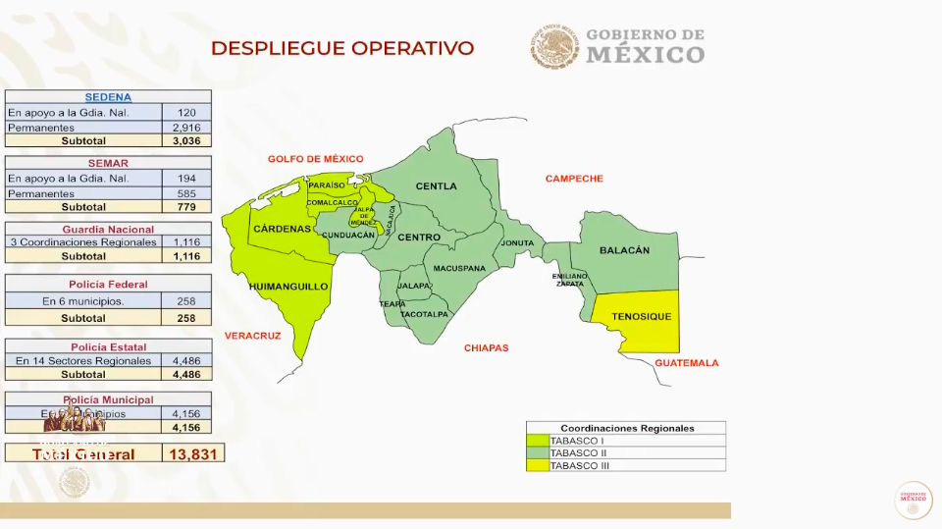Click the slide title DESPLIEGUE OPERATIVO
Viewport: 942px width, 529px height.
tap(342, 48)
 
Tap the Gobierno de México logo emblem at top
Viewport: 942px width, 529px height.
tap(555, 46)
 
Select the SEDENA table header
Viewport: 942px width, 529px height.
tap(108, 97)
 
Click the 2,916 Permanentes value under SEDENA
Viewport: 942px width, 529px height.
tap(186, 128)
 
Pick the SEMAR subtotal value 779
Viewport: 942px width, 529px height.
tap(186, 207)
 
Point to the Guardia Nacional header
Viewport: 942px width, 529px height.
tap(108, 230)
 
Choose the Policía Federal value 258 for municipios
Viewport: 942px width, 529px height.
tap(186, 301)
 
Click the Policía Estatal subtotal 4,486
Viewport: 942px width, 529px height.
tap(186, 374)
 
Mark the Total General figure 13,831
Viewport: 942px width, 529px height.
tap(193, 453)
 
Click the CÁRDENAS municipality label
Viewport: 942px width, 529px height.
tap(283, 229)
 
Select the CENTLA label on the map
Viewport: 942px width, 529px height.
tap(436, 186)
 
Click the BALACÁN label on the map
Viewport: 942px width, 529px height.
tap(624, 250)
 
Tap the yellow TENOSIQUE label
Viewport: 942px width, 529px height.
tap(641, 317)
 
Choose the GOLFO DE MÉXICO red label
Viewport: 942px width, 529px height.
tap(316, 159)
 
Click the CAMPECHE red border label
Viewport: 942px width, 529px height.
tap(574, 179)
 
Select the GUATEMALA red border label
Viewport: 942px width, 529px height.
tap(686, 363)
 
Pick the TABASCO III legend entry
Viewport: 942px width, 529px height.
tap(580, 465)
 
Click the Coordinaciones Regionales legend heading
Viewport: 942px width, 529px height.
tap(626, 428)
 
